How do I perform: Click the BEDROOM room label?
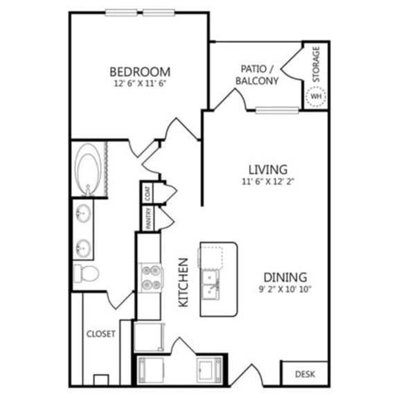pos(139,71)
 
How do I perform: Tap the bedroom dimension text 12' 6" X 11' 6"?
pos(139,83)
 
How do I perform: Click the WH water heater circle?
pos(316,96)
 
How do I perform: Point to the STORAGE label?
pos(316,64)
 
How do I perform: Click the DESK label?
pos(305,374)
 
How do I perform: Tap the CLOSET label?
pos(100,333)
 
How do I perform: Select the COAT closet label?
pos(148,193)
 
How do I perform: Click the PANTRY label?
pos(148,219)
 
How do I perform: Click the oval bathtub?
pos(88,169)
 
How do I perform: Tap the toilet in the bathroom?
pos(87,273)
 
